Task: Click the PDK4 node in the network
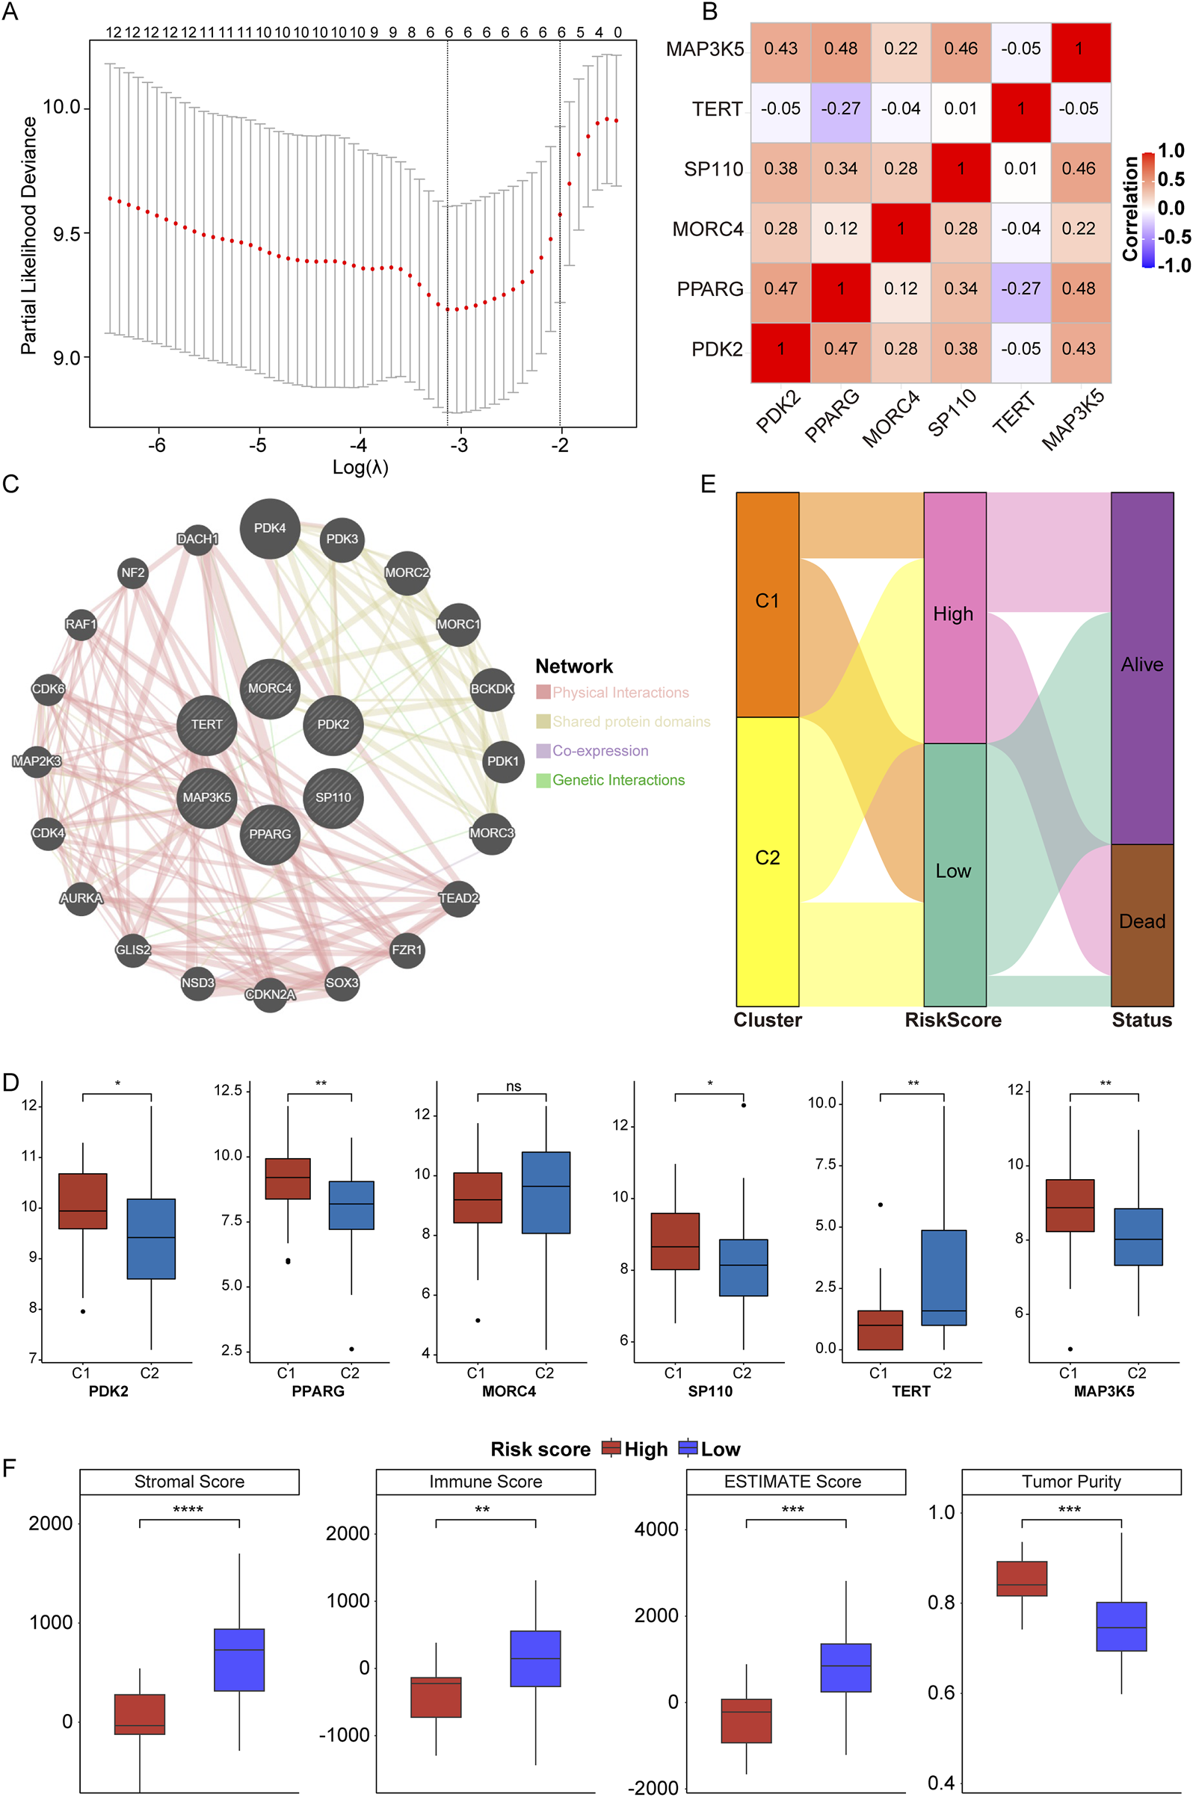[269, 528]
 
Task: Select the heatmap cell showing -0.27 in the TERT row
[840, 109]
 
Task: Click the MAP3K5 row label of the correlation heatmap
[705, 49]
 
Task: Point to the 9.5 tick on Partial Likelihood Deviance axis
[67, 233]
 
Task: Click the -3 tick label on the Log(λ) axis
[459, 445]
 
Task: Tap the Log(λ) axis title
[360, 467]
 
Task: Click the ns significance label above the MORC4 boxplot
[514, 1086]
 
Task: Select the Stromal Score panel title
[189, 1482]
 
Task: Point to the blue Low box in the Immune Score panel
[535, 1659]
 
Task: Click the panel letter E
[709, 484]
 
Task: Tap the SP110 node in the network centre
[333, 798]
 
